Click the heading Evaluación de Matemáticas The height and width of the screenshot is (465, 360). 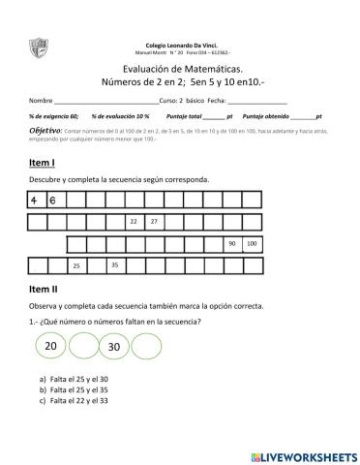[179, 68]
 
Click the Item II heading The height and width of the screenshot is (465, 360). [45, 289]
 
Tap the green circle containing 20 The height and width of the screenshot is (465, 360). [51, 346]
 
